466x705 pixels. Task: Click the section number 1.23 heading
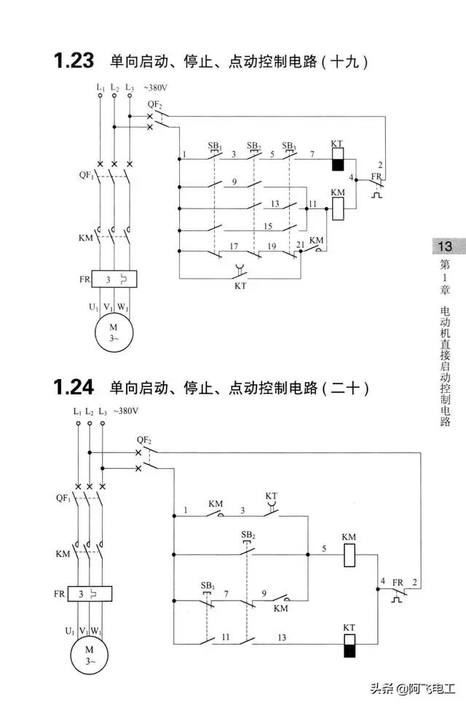point(74,61)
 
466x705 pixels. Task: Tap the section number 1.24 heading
point(74,386)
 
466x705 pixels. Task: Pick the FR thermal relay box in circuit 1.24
point(90,593)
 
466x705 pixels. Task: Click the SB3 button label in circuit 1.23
point(289,146)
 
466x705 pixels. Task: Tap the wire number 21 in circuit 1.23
point(300,245)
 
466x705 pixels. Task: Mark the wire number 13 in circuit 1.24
point(280,636)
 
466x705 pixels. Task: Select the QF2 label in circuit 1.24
point(144,440)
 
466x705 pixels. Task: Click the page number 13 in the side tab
point(444,246)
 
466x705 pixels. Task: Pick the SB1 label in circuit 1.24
point(208,586)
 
